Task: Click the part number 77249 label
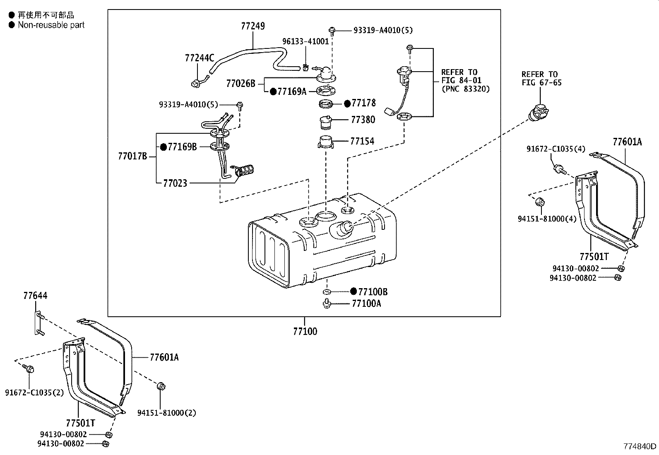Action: coord(253,26)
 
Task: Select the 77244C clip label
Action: coord(200,58)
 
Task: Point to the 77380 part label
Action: coord(363,120)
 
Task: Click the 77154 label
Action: coord(362,141)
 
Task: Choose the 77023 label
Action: coord(175,183)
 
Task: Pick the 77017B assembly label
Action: coord(132,156)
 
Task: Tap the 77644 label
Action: coord(35,296)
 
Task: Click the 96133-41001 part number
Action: coord(305,41)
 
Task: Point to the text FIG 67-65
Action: coord(541,82)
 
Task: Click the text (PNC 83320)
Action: coord(465,89)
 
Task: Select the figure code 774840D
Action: coord(640,446)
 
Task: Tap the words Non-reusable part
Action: coord(51,25)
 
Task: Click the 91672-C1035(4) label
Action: coord(556,149)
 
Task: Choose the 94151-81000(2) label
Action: coord(167,412)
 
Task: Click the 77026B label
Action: coord(241,83)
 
